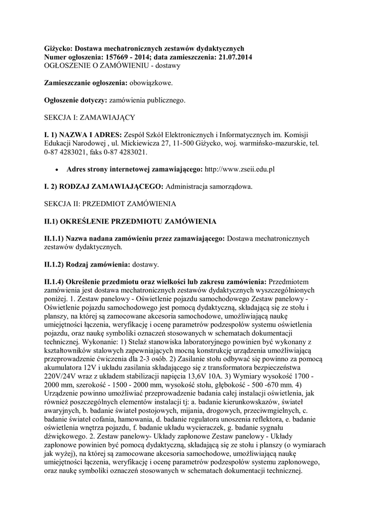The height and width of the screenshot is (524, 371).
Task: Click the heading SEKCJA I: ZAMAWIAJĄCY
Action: tap(90, 118)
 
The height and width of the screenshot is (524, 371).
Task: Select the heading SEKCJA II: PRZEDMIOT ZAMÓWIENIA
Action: tap(110, 204)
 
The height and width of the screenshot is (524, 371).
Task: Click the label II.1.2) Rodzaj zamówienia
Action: tap(87, 265)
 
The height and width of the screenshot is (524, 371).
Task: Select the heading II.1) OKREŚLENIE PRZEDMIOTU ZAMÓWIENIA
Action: tap(130, 221)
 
